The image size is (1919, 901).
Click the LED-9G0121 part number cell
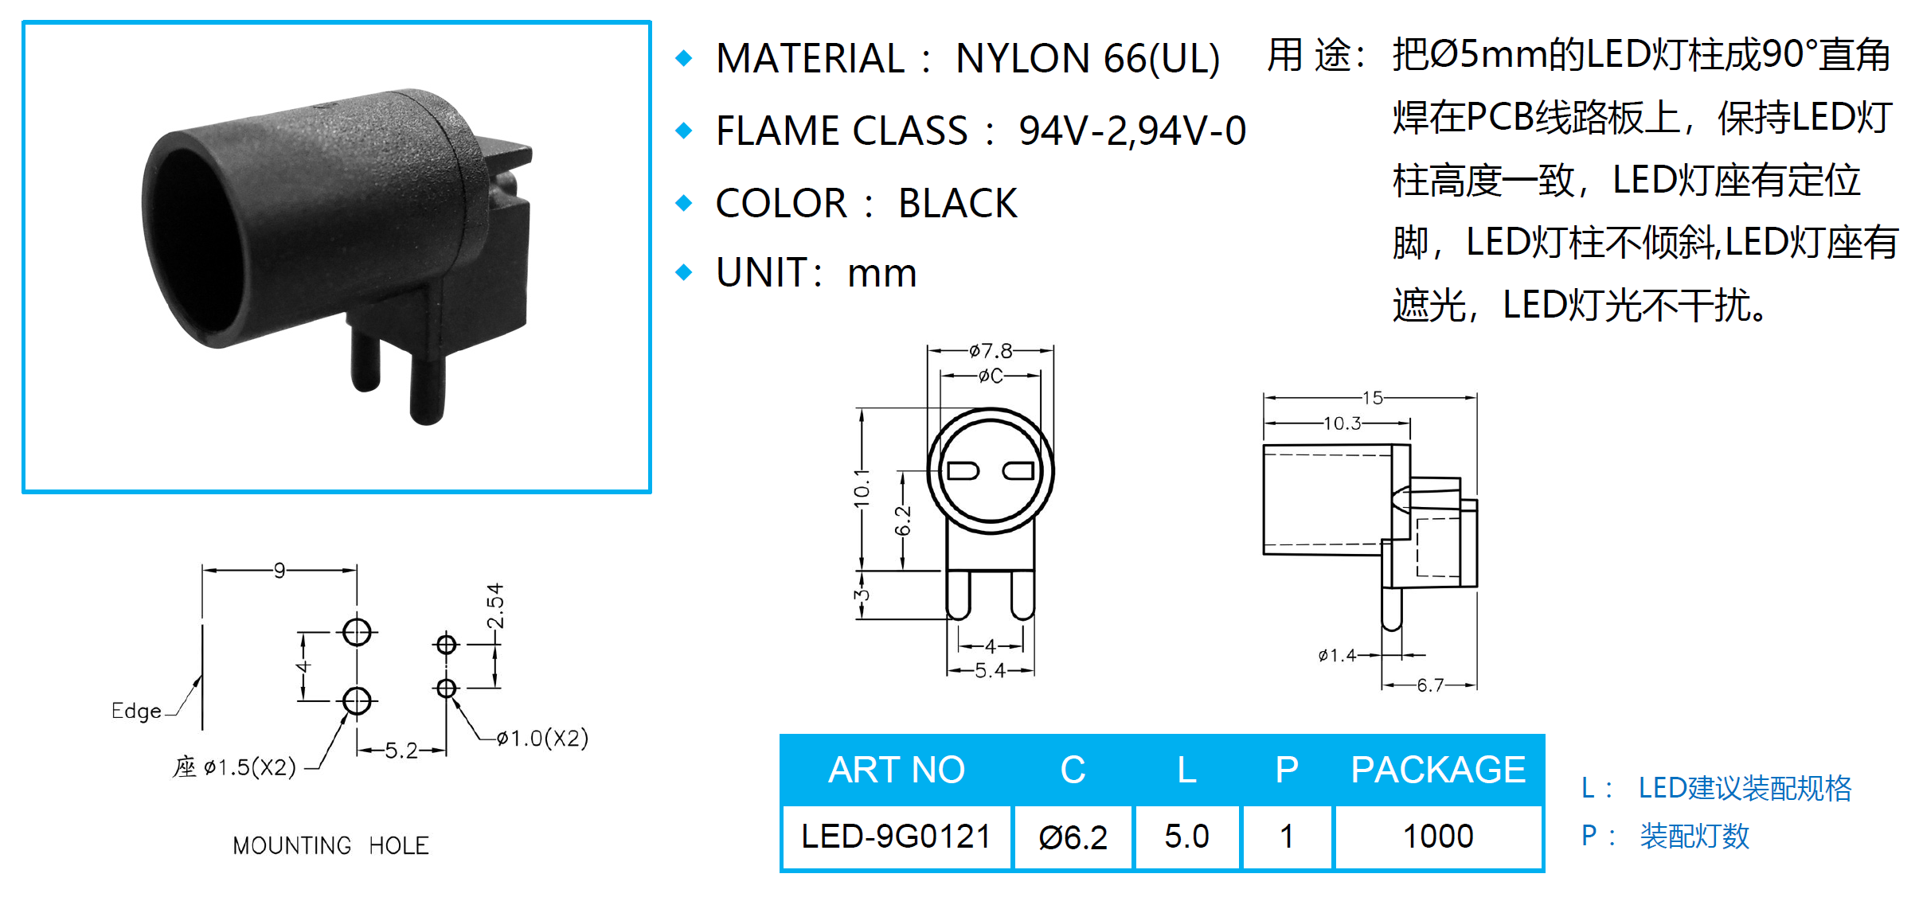pyautogui.click(x=896, y=837)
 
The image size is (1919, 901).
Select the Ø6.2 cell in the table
pyautogui.click(x=1073, y=837)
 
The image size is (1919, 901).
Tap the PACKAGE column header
pyautogui.click(x=1438, y=770)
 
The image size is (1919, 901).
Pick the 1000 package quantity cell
pyautogui.click(x=1438, y=837)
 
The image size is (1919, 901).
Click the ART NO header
pyautogui.click(x=896, y=770)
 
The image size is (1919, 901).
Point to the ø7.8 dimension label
pyautogui.click(x=991, y=351)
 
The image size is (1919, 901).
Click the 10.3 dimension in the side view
pyautogui.click(x=1343, y=423)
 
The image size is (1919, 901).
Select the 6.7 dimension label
pyautogui.click(x=1430, y=685)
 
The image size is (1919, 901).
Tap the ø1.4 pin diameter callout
pyautogui.click(x=1337, y=655)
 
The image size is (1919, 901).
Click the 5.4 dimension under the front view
pyautogui.click(x=990, y=671)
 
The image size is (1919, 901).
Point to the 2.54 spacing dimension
pyautogui.click(x=495, y=606)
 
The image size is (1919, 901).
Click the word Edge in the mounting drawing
pyautogui.click(x=136, y=711)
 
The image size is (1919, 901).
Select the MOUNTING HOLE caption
pyautogui.click(x=330, y=845)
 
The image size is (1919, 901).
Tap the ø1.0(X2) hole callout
pyautogui.click(x=542, y=738)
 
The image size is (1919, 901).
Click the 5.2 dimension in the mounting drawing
pyautogui.click(x=401, y=751)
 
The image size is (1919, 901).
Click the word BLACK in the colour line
pyautogui.click(x=958, y=203)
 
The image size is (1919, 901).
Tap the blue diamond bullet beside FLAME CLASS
pyautogui.click(x=684, y=131)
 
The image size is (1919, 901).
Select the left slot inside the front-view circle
pyautogui.click(x=963, y=471)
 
